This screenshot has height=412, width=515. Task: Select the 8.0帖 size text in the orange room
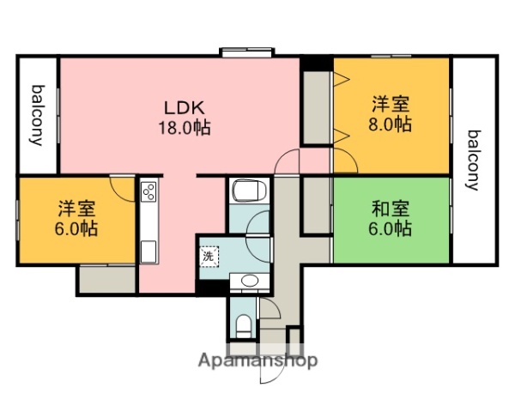pyautogui.click(x=391, y=124)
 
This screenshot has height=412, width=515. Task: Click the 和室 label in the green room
pyautogui.click(x=391, y=209)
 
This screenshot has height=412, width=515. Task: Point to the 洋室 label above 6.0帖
pyautogui.click(x=77, y=209)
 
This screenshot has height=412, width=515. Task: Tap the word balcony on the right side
pyautogui.click(x=473, y=159)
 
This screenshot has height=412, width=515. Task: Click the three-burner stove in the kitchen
pyautogui.click(x=147, y=191)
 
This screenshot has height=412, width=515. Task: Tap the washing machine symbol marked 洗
pyautogui.click(x=209, y=255)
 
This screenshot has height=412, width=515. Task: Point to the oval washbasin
pyautogui.click(x=250, y=279)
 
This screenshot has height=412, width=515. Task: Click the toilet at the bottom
pyautogui.click(x=244, y=324)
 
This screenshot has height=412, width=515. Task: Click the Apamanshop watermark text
pyautogui.click(x=258, y=360)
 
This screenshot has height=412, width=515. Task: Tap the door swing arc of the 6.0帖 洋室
pyautogui.click(x=124, y=189)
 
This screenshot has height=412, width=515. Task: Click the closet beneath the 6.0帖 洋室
pyautogui.click(x=106, y=279)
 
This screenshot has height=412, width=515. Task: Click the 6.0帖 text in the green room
pyautogui.click(x=391, y=228)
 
